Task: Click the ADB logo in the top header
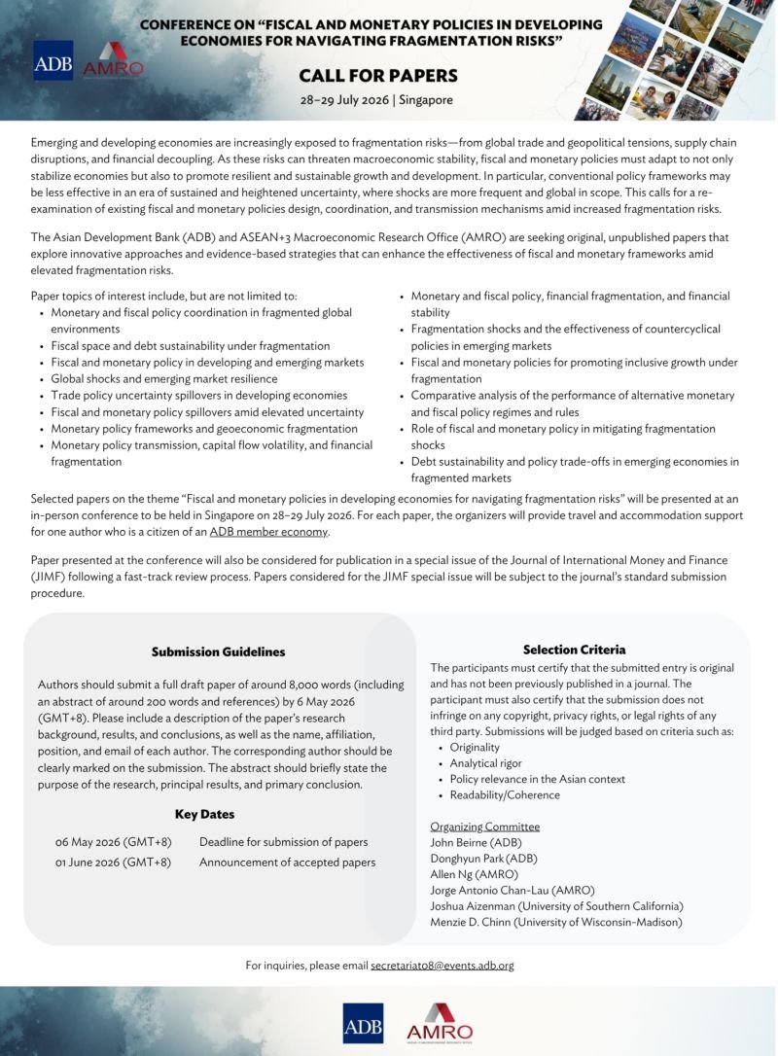tap(53, 60)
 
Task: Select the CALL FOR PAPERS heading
tap(377, 76)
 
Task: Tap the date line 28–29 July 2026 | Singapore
tap(377, 100)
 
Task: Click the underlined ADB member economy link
tap(269, 532)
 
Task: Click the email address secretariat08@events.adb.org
tap(442, 966)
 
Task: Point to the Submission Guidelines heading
tap(218, 651)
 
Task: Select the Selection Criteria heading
tap(574, 650)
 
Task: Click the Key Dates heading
tap(204, 814)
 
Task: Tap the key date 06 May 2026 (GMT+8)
tap(113, 842)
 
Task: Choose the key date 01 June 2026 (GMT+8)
tap(113, 862)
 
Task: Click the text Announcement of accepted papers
tap(287, 862)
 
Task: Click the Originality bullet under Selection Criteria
tap(475, 747)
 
